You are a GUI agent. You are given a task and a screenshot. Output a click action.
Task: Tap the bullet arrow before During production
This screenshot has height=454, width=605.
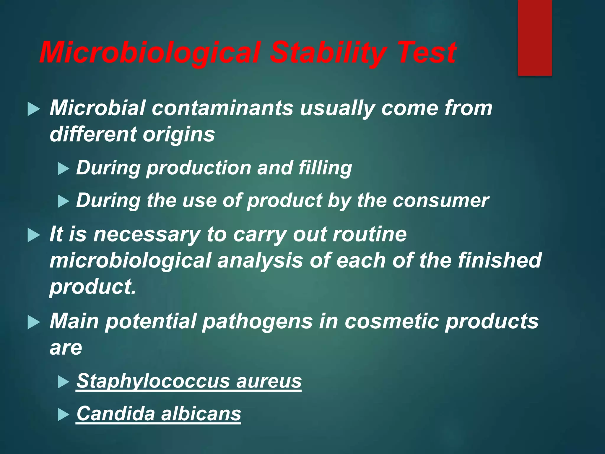[63, 169]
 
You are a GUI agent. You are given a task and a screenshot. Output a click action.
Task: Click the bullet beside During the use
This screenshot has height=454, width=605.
[63, 202]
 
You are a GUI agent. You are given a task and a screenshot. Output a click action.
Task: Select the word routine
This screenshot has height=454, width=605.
[370, 234]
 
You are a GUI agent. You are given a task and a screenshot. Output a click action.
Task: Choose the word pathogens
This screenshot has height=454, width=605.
[257, 322]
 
